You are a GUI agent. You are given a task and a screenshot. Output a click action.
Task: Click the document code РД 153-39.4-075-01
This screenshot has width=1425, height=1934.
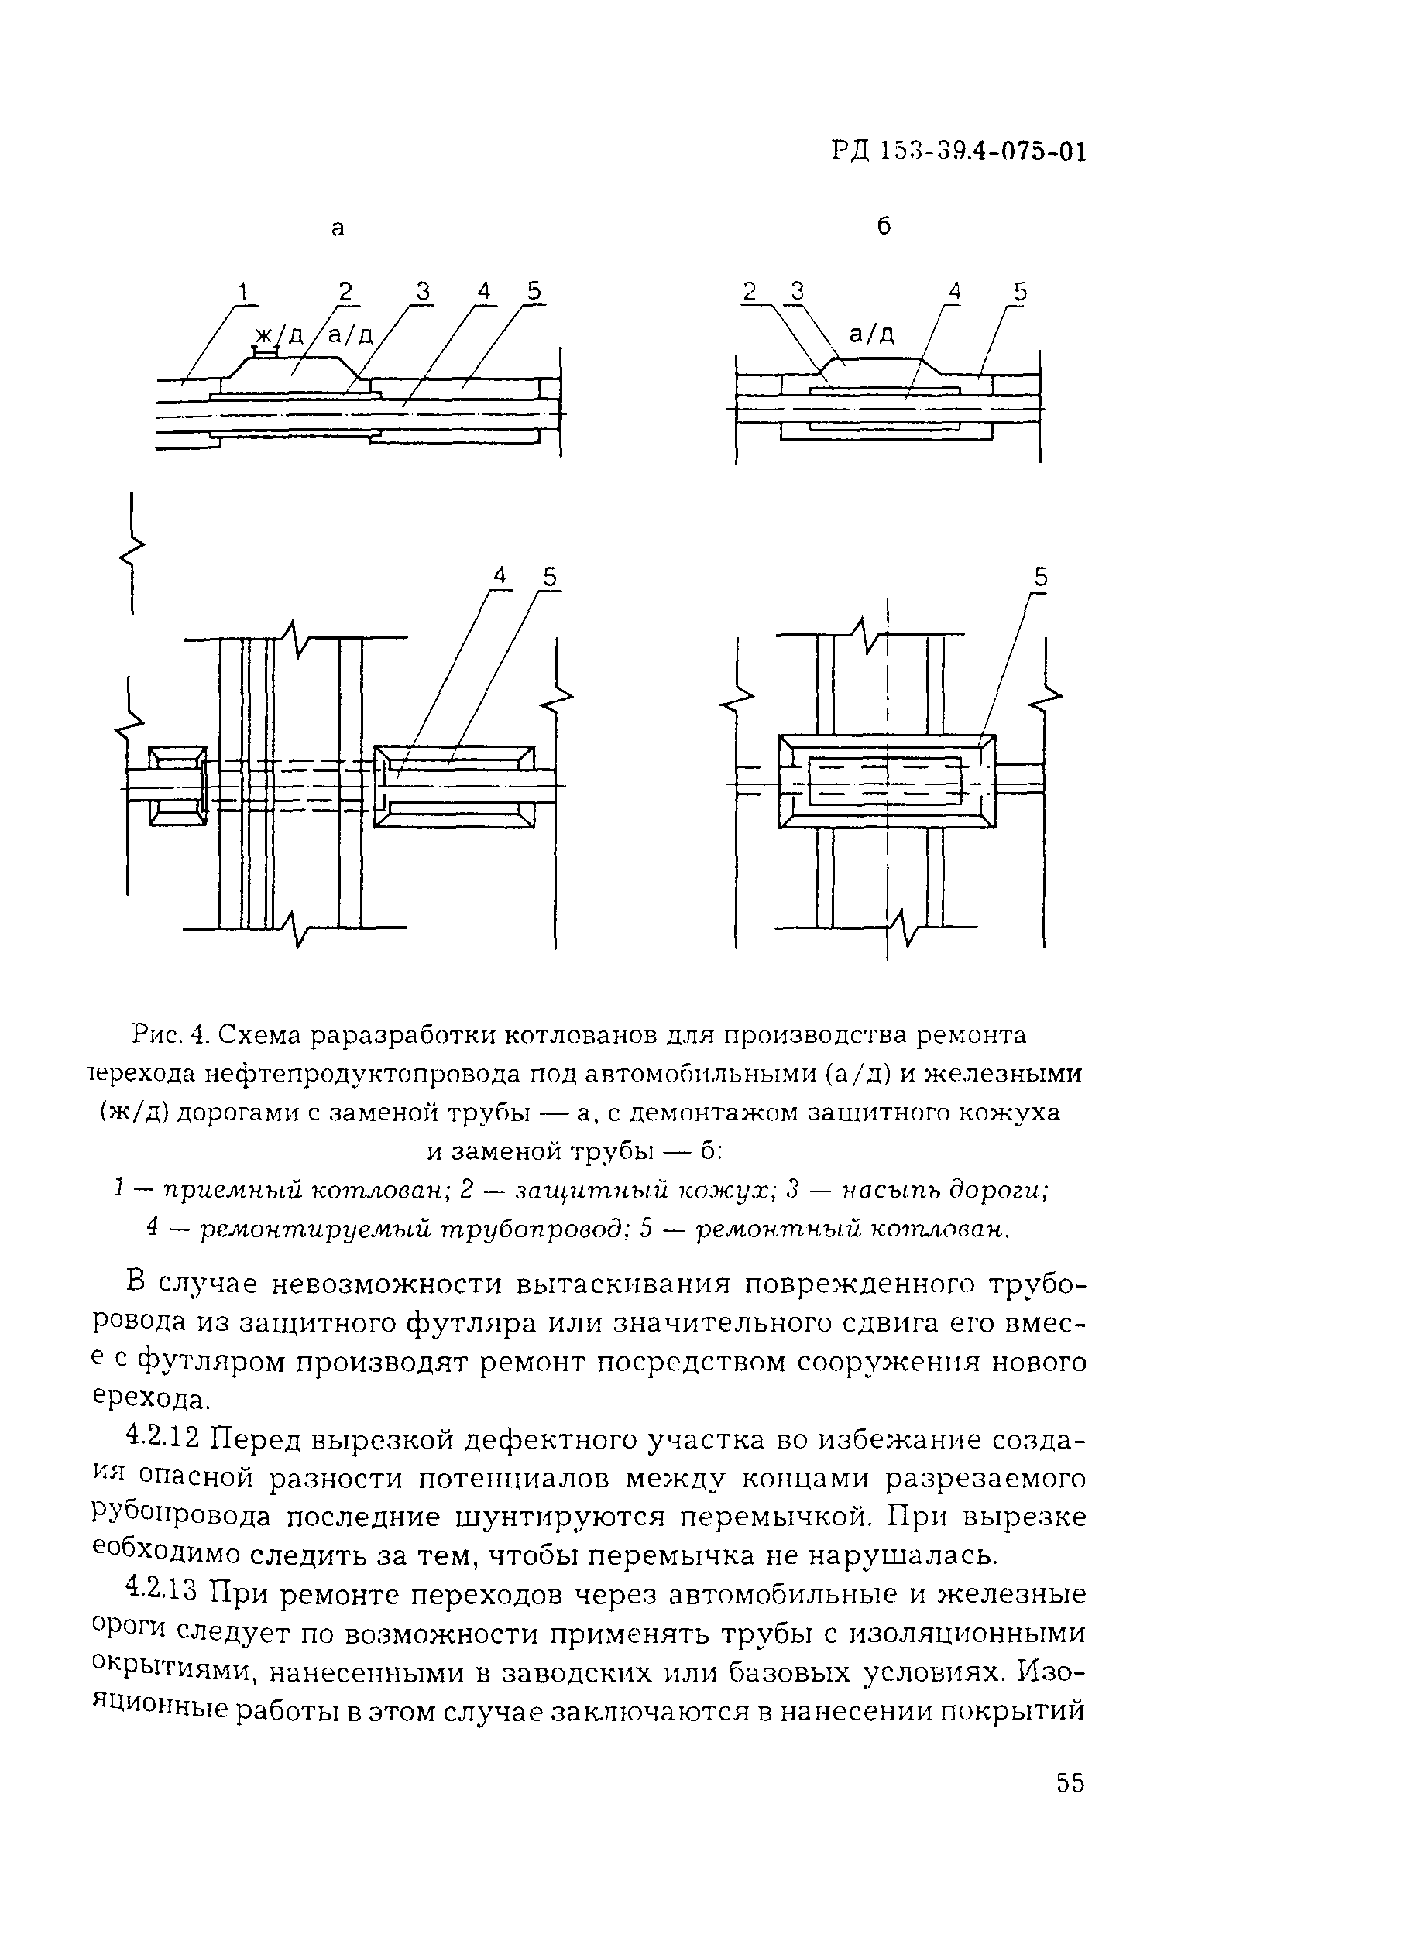pos(957,153)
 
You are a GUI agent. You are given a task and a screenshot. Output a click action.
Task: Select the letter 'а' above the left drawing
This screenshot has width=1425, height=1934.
pos(338,228)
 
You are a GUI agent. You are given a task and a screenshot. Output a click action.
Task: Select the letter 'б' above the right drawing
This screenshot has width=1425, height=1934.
pos(884,227)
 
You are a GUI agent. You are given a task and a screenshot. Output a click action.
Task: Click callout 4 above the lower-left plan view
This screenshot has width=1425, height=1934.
pos(501,576)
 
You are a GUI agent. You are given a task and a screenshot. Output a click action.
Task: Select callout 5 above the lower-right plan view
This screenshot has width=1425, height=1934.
pos(1041,577)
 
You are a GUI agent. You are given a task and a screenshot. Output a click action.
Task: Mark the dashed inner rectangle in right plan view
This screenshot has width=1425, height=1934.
pos(885,780)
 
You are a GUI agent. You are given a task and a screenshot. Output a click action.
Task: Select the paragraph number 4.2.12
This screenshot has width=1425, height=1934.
pos(162,1438)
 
